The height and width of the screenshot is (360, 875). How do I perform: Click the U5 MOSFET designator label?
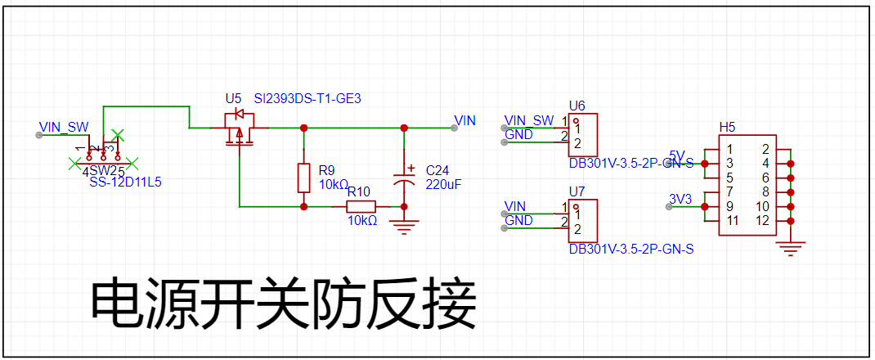234,98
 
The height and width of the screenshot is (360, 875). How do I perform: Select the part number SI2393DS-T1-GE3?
307,98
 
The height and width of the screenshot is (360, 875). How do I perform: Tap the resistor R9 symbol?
304,178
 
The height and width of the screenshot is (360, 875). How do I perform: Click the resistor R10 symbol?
361,206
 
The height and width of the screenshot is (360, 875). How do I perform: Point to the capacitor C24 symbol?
404,178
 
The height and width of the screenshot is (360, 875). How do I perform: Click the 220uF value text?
444,185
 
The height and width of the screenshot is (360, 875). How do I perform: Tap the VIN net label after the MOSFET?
464,121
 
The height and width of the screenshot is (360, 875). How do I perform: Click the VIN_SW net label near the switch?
64,127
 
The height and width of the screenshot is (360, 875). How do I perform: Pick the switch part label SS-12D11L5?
125,182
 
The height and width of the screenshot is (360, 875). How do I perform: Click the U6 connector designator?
577,106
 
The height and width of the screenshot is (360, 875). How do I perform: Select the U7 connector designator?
577,191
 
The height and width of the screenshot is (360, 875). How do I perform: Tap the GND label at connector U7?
518,221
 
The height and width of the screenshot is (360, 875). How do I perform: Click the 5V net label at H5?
677,155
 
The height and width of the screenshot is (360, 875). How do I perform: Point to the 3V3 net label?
681,199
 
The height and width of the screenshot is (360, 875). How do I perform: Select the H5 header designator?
727,127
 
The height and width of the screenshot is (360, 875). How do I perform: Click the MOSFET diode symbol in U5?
239,113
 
